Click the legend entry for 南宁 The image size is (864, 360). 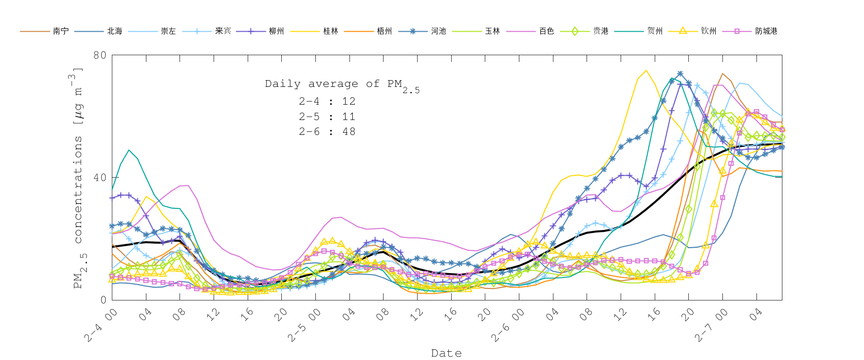[60, 31]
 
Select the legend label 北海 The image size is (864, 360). [115, 31]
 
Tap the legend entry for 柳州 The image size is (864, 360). [276, 31]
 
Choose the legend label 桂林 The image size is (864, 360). [331, 31]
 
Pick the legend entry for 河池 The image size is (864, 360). [438, 31]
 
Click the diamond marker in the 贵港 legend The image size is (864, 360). [574, 31]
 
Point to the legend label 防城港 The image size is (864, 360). [766, 31]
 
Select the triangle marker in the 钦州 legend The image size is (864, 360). [682, 31]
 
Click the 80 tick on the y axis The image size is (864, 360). [100, 55]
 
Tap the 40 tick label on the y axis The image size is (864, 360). [100, 178]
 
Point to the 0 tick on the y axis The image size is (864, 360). [103, 300]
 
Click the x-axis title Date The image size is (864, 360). [446, 353]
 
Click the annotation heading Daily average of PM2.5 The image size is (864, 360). [342, 84]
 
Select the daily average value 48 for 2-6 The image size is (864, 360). [349, 132]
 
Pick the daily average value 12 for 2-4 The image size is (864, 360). [349, 101]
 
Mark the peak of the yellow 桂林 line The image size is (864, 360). [646, 71]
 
